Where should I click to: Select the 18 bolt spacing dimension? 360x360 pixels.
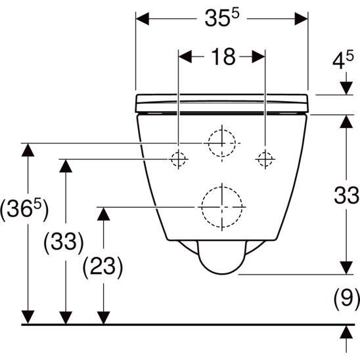pos(223,57)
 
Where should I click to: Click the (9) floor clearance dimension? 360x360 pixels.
pos(346,300)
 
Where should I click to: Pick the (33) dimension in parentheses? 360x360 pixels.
pos(64,242)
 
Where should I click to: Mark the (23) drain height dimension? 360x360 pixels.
pos(102,266)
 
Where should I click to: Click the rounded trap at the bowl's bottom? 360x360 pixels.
pos(221,259)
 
